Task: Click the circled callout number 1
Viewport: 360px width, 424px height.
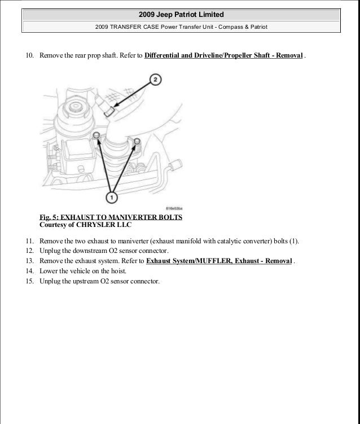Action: click(112, 198)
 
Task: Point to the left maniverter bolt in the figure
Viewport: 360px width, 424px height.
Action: click(98, 134)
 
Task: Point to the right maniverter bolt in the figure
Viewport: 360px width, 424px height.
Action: click(137, 139)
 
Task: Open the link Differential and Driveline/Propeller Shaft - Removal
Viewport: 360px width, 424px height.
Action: click(224, 56)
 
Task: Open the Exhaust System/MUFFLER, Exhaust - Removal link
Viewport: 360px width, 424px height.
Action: click(219, 261)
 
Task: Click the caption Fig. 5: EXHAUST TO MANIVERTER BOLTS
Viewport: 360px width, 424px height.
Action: click(111, 217)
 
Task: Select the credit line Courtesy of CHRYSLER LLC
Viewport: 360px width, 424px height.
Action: click(85, 224)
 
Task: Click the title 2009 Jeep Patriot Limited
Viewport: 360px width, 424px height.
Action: click(179, 14)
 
